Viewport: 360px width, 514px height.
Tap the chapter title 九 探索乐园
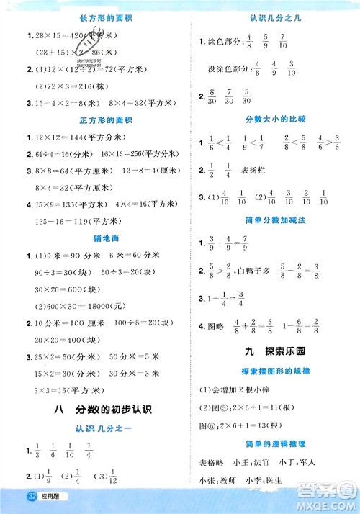point(271,353)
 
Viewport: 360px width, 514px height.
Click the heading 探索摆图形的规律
point(271,372)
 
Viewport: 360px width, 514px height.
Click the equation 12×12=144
point(58,137)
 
